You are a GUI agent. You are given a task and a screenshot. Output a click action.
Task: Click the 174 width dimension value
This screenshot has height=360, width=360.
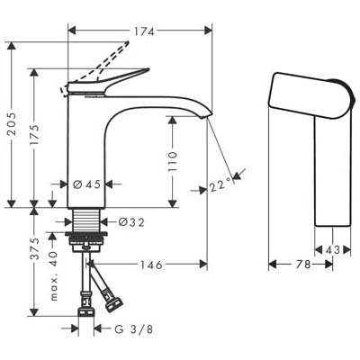coord(144,31)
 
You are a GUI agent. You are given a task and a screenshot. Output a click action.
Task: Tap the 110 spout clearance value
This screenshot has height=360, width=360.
coord(173,161)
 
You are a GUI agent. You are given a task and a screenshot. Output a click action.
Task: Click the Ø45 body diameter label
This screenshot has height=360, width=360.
coord(87,184)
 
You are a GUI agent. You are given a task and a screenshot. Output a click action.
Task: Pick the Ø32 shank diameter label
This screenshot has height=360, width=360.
coord(131,222)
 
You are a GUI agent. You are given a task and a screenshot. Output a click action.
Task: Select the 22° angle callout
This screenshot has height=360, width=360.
coord(220,186)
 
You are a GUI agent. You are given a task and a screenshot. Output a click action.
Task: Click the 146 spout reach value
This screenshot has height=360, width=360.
coord(151,265)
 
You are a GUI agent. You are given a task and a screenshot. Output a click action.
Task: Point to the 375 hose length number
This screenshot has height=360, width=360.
coord(36,248)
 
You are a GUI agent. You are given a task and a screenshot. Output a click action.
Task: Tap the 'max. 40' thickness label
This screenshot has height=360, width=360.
coord(53,276)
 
